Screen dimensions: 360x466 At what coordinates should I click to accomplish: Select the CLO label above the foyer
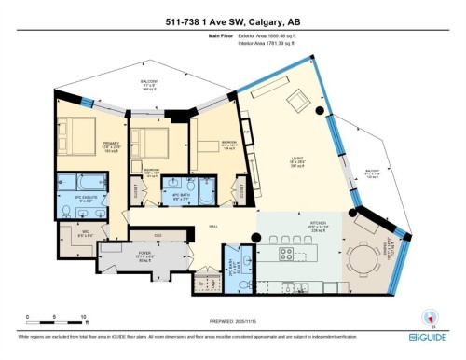[158, 234]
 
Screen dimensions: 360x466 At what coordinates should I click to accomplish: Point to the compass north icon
[429, 315]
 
